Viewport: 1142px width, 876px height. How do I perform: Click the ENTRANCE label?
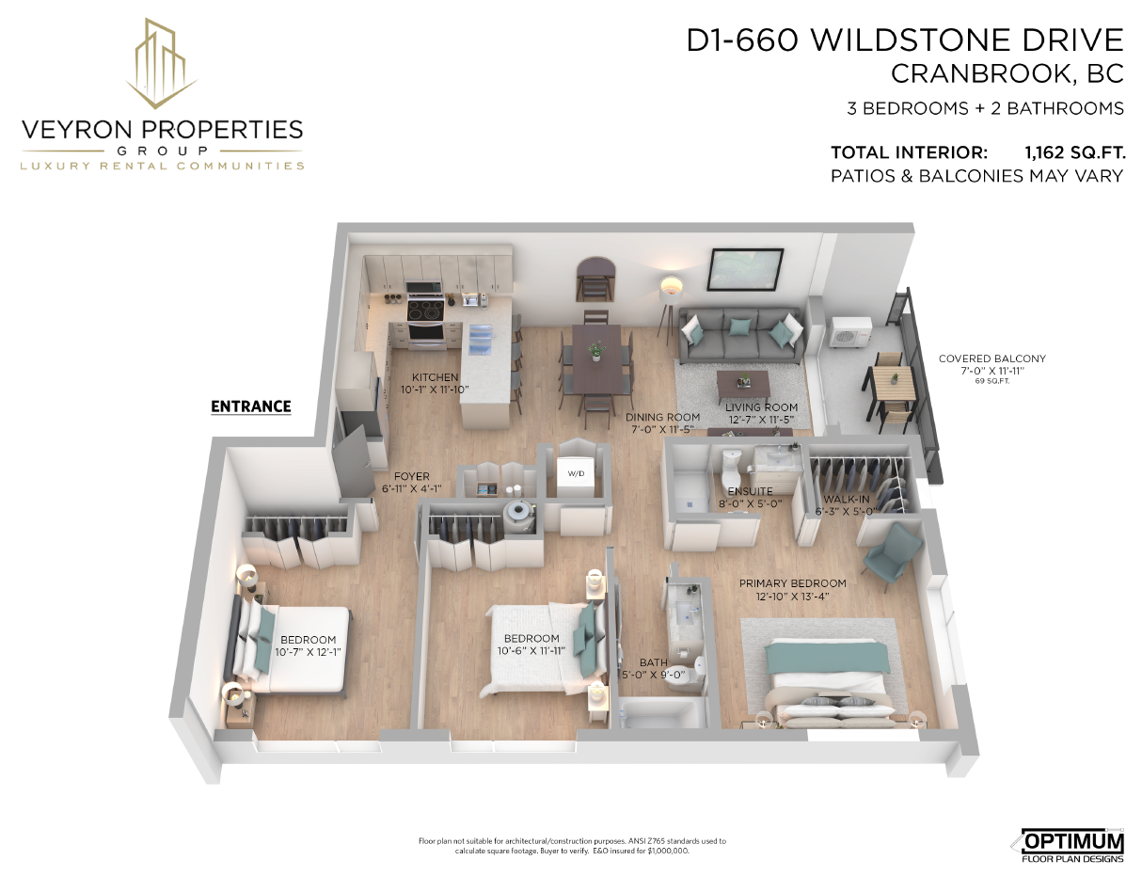250,406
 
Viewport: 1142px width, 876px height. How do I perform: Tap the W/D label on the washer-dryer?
576,473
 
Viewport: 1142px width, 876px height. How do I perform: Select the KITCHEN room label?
436,377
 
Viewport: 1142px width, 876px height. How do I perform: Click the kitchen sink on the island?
482,340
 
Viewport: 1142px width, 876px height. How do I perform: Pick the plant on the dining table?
596,351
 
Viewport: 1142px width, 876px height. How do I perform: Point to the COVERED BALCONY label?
992,358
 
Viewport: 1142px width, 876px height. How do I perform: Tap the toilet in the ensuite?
731,468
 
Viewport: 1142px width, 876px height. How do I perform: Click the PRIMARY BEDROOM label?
792,583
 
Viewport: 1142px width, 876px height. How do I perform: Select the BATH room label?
653,662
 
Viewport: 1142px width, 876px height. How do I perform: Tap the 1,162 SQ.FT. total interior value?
1074,153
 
